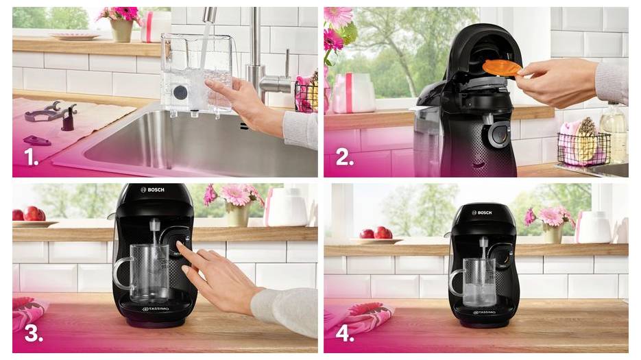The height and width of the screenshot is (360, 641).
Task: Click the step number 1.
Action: pos(31,158)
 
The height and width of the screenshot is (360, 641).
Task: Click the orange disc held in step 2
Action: pos(499,68)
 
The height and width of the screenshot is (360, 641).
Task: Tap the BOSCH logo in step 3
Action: pos(153,189)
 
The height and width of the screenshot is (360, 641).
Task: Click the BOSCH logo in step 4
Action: pos(483,213)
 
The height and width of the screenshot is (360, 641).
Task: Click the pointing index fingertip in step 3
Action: pos(181,245)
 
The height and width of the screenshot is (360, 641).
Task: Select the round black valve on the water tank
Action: pos(180,93)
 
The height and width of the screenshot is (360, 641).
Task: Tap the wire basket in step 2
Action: pos(582,148)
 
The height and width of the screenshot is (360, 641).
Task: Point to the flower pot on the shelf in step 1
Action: pos(122,29)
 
